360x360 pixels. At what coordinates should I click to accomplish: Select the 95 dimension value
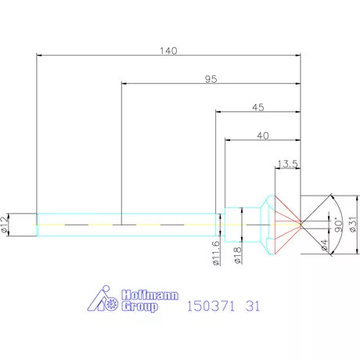click(x=211, y=78)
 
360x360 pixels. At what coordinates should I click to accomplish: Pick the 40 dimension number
click(x=262, y=135)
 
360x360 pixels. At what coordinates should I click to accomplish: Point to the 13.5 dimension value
click(x=287, y=164)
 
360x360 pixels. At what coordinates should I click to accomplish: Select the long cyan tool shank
click(x=125, y=225)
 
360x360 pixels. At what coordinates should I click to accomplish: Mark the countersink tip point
click(x=301, y=225)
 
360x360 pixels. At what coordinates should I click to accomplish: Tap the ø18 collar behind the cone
click(x=243, y=225)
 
